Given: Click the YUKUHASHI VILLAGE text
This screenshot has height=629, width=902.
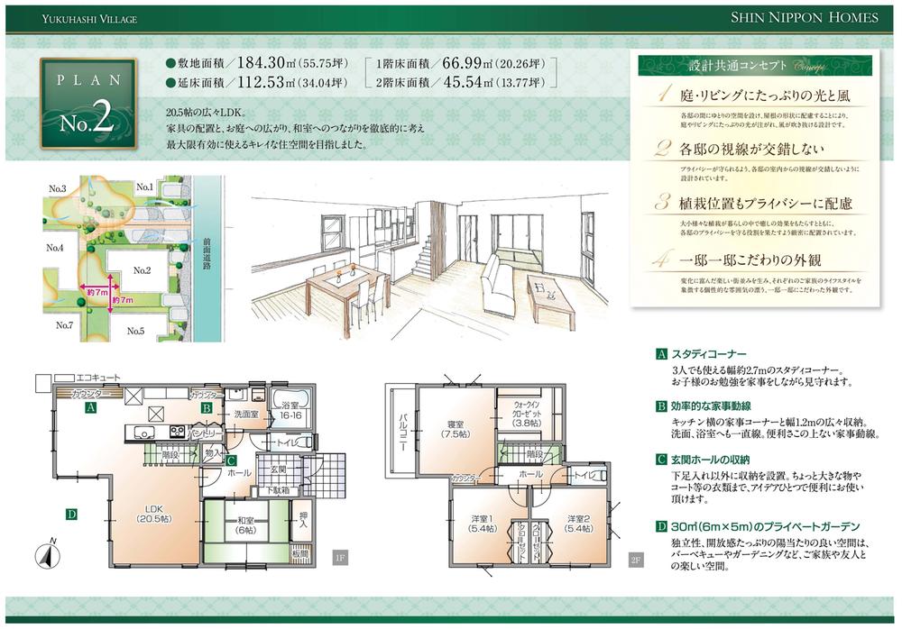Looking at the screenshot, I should (x=79, y=18).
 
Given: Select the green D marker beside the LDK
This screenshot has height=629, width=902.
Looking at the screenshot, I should (x=69, y=515).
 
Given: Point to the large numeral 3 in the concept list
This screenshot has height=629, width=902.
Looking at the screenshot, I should (x=662, y=201).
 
